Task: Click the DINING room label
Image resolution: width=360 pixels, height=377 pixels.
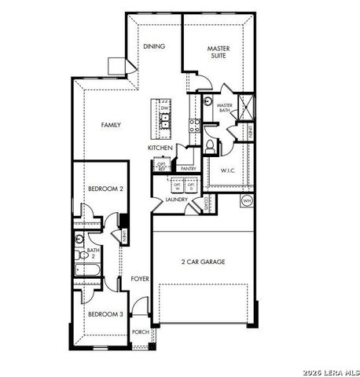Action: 154,46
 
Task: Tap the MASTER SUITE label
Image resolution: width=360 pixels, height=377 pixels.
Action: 219,53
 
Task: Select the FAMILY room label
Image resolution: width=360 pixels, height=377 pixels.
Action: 110,125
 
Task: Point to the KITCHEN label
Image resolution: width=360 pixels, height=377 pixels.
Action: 160,148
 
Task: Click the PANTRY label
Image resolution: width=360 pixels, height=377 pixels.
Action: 188,168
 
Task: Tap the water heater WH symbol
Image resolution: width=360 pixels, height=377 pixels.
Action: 247,201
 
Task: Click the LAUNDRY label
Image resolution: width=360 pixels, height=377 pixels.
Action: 176,200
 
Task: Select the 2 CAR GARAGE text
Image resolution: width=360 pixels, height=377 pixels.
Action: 204,262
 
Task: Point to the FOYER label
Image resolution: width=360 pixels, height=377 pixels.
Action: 140,279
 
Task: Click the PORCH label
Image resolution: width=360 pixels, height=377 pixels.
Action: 140,332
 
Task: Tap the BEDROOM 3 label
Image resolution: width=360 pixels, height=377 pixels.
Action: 105,314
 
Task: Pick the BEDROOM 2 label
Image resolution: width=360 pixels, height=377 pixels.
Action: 105,188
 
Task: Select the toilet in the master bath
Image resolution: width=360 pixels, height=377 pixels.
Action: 210,146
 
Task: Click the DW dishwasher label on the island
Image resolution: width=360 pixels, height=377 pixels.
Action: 165,108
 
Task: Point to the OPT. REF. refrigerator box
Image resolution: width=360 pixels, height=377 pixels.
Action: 161,166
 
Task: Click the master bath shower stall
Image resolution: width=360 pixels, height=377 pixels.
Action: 247,105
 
